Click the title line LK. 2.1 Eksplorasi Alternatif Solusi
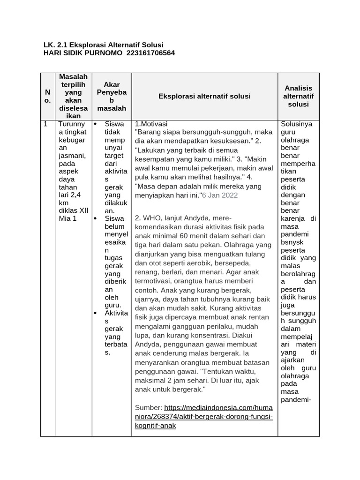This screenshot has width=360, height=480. pos(103,45)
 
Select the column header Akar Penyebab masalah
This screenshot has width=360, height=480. pos(112,96)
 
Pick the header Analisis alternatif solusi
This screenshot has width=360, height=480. pos(299,96)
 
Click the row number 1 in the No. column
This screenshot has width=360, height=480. pos(45,124)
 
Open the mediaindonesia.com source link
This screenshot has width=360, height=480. pos(204,417)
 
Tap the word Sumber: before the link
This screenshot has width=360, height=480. pos(148,408)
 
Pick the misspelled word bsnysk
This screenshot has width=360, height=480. pos(292,242)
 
